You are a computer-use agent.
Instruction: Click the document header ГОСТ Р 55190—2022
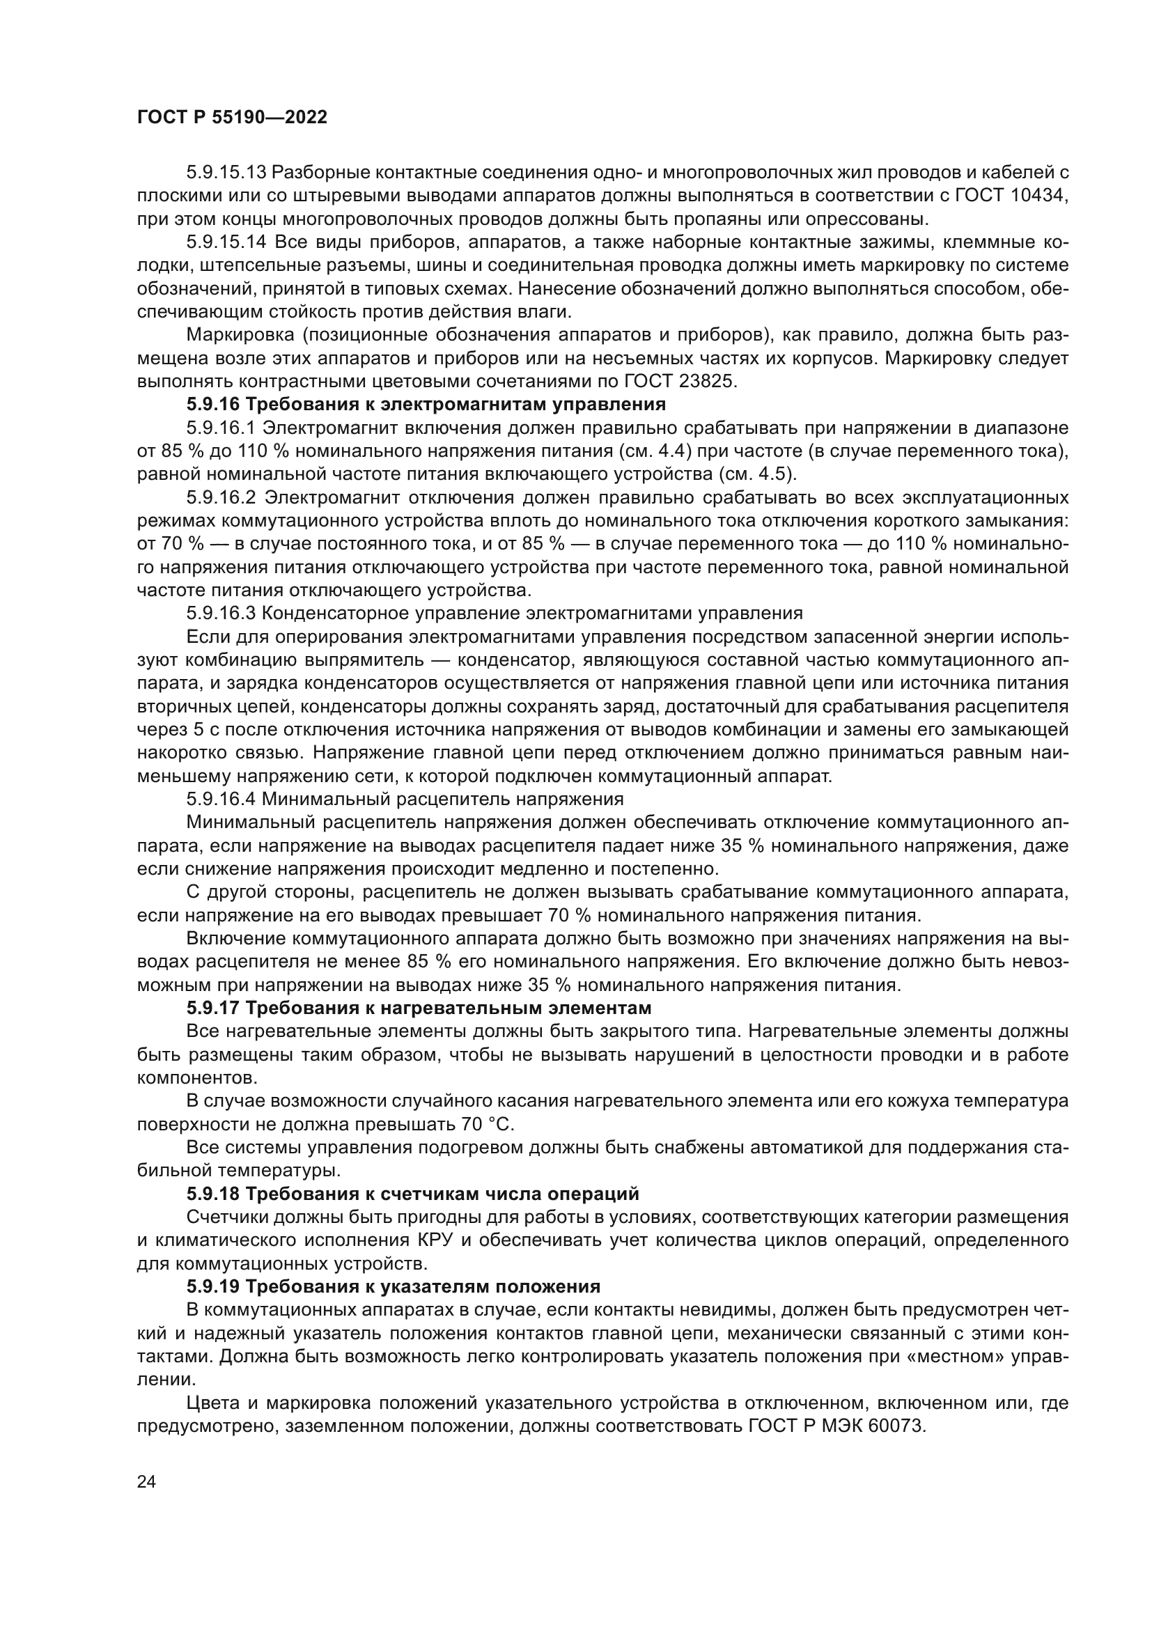(232, 118)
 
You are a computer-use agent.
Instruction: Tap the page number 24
(146, 1482)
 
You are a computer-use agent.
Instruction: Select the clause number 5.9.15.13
(226, 173)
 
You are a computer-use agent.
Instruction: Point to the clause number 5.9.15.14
(226, 242)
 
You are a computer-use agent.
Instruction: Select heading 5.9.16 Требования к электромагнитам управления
(426, 405)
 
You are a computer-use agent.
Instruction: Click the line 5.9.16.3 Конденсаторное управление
(494, 613)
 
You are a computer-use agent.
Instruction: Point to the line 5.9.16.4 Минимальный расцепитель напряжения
(405, 799)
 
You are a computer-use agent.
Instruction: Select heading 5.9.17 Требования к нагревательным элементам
(419, 1008)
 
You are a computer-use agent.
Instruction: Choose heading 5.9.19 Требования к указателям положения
(393, 1286)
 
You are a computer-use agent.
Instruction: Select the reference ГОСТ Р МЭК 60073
(836, 1426)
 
